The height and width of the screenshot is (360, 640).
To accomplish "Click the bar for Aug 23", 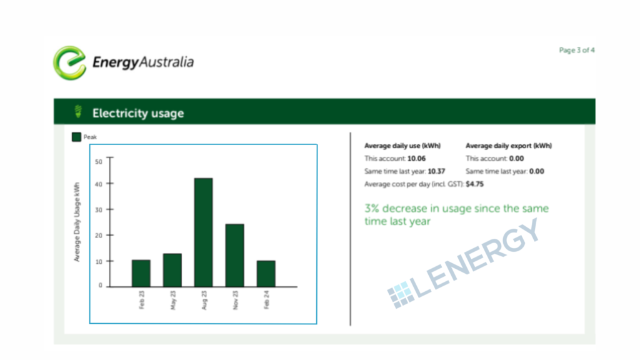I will [203, 232].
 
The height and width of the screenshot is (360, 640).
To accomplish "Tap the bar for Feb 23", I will [141, 273].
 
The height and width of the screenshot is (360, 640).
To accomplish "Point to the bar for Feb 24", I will [266, 273].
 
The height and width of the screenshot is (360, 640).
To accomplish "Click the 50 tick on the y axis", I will [98, 161].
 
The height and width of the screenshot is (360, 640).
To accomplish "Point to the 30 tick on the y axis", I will [98, 209].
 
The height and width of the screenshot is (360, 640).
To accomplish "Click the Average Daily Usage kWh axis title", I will [77, 222].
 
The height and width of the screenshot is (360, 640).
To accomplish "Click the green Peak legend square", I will [76, 137].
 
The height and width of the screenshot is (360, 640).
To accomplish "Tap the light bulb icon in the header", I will [78, 112].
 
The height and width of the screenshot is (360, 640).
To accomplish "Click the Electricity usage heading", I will [138, 113].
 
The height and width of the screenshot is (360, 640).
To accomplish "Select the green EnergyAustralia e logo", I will [69, 62].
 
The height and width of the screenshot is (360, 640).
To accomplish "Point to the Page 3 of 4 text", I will [576, 50].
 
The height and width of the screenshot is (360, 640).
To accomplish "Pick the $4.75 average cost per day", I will [475, 184].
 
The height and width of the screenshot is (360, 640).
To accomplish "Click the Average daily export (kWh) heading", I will [509, 146].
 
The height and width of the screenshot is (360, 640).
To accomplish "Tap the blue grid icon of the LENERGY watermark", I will [400, 294].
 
